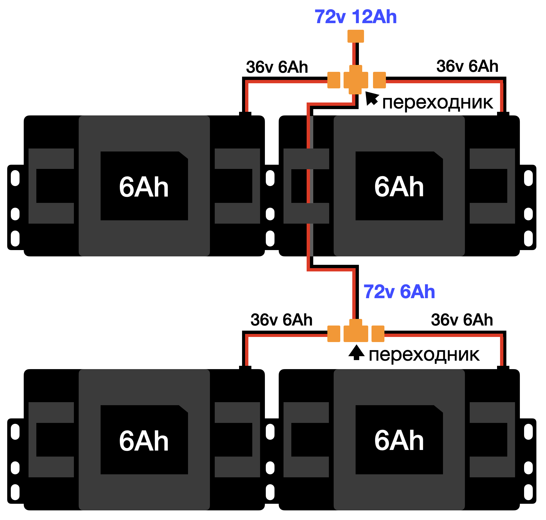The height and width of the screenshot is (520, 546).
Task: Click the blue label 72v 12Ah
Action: click(x=356, y=17)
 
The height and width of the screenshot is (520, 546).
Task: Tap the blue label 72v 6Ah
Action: click(x=399, y=292)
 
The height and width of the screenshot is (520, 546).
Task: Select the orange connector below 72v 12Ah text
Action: click(x=356, y=36)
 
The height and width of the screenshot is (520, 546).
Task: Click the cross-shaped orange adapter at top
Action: click(x=356, y=80)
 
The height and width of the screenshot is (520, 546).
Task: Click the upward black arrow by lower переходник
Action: click(x=356, y=353)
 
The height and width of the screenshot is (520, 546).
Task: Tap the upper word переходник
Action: click(x=437, y=103)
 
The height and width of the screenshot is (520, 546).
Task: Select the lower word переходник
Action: click(x=424, y=355)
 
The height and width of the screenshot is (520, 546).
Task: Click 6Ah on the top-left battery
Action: click(x=144, y=187)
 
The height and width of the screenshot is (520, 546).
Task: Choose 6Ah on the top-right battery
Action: click(x=399, y=187)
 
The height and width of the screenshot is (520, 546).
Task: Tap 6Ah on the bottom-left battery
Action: click(x=144, y=441)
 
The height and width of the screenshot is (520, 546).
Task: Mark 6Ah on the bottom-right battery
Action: click(x=399, y=441)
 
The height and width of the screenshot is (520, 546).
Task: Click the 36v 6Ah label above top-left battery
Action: click(x=277, y=67)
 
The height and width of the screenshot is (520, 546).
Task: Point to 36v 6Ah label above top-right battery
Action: click(x=467, y=66)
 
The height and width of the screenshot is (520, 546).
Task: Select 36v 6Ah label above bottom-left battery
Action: click(x=281, y=320)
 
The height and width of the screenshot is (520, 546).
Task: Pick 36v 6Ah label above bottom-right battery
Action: click(x=462, y=320)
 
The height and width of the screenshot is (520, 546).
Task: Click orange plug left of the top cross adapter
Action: click(x=334, y=80)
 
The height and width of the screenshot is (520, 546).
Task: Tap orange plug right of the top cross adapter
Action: click(x=379, y=80)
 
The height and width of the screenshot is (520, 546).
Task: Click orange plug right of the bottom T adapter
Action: click(x=378, y=334)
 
